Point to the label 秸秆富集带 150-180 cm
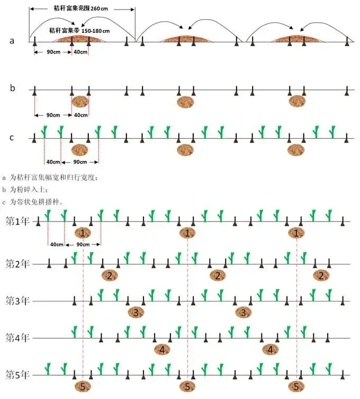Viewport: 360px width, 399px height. point(80,30)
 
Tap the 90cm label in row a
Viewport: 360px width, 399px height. point(51,52)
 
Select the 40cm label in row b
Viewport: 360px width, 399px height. point(80,116)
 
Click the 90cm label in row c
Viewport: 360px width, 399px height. point(80,162)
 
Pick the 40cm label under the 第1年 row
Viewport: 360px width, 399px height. point(56,245)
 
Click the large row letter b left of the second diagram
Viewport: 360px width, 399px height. point(13,87)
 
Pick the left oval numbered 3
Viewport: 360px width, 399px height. point(136,312)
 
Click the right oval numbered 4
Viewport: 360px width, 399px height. point(270,349)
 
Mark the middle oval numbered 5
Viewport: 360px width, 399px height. point(187,386)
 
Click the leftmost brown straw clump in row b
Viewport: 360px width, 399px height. point(80,102)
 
